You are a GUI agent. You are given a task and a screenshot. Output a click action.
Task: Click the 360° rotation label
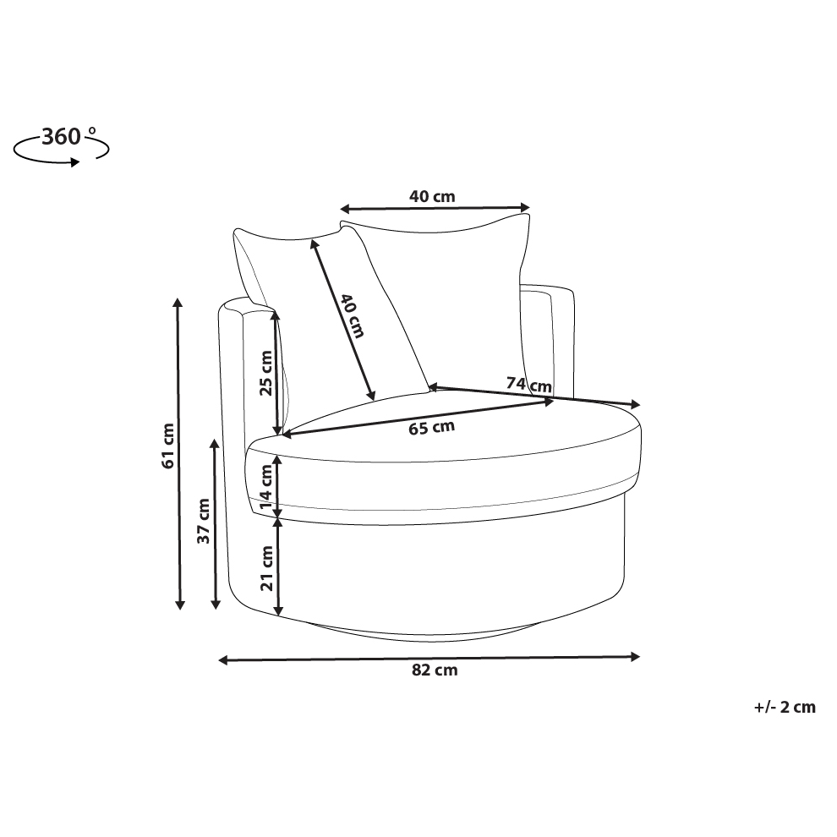[68, 137]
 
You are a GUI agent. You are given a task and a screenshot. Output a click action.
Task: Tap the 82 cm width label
[435, 670]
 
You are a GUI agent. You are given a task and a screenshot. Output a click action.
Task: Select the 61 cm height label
[167, 446]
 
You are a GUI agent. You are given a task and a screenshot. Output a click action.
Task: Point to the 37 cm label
[204, 521]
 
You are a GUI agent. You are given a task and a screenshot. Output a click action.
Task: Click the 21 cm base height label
[266, 568]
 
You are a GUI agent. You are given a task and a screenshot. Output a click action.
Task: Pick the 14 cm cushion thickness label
[265, 488]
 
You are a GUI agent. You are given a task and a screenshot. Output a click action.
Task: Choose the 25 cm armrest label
[265, 373]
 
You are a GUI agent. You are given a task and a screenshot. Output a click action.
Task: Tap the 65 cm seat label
[432, 427]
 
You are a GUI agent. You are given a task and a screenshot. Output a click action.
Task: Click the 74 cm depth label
[529, 385]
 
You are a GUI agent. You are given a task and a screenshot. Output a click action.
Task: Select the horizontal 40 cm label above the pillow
[432, 196]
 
